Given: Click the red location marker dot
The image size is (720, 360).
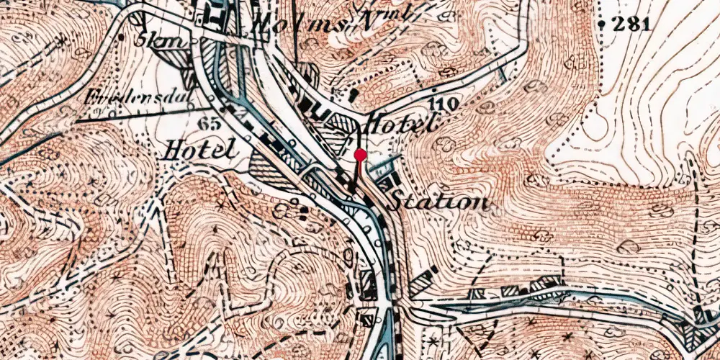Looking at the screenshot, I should (x=360, y=155).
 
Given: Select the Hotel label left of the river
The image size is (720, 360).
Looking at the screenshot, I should (x=200, y=150).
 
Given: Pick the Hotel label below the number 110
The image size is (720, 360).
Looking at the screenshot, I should (x=401, y=124).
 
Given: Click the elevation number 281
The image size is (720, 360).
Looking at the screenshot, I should (x=631, y=23).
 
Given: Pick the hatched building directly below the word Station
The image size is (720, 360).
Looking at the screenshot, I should (x=423, y=282).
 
